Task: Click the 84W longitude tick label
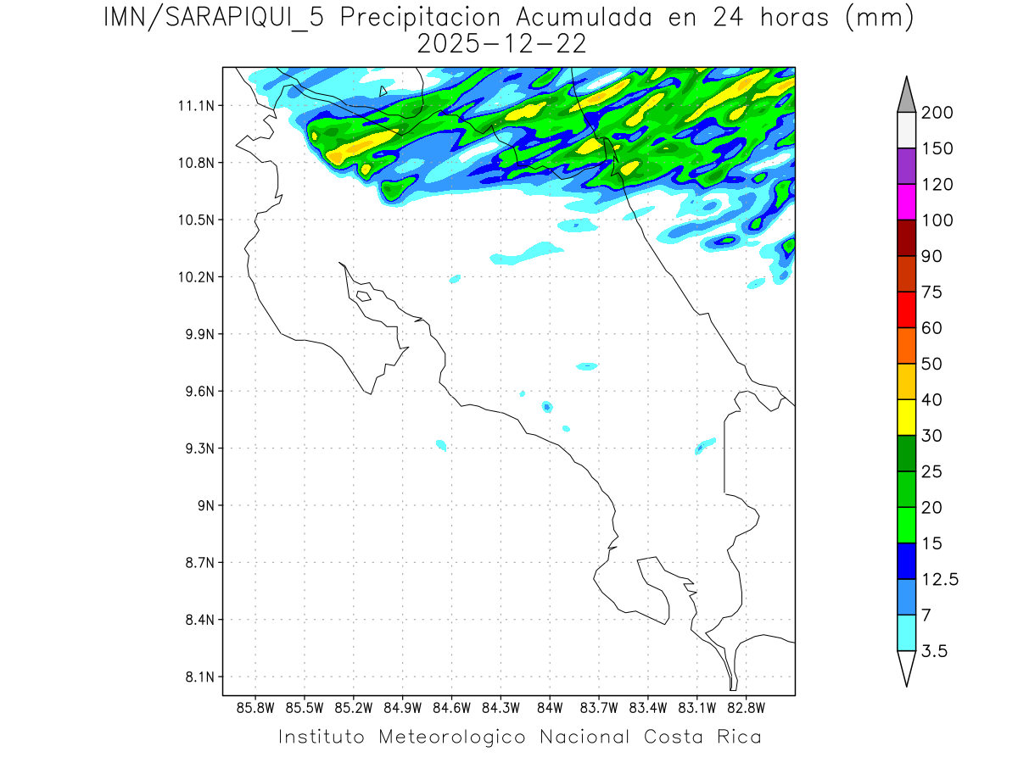click(550, 707)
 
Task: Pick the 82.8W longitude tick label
click(746, 707)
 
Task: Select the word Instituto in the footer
click(322, 737)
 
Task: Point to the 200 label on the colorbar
click(937, 113)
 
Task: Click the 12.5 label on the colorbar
click(940, 579)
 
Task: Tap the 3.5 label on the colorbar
click(934, 651)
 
